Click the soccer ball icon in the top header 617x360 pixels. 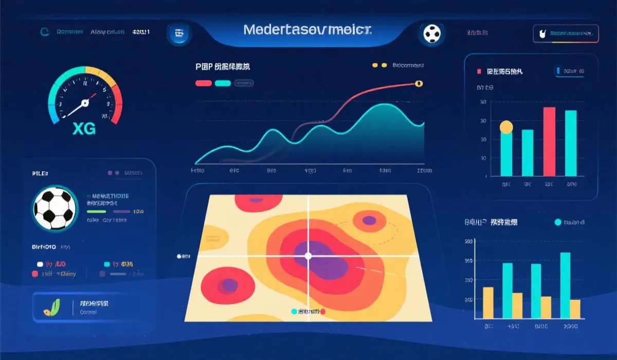(432, 34)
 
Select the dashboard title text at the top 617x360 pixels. (308, 29)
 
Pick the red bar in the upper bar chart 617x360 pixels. (549, 141)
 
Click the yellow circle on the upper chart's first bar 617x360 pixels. (506, 127)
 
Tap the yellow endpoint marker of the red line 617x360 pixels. (418, 83)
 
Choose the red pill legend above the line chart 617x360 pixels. (204, 83)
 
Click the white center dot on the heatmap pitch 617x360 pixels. (308, 256)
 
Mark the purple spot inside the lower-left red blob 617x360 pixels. (229, 285)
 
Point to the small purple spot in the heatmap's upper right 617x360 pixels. (369, 221)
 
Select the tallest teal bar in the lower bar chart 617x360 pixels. (565, 285)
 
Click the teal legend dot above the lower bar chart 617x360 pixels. (558, 222)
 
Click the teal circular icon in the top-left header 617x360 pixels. (45, 32)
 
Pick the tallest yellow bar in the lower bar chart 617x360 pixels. (488, 302)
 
